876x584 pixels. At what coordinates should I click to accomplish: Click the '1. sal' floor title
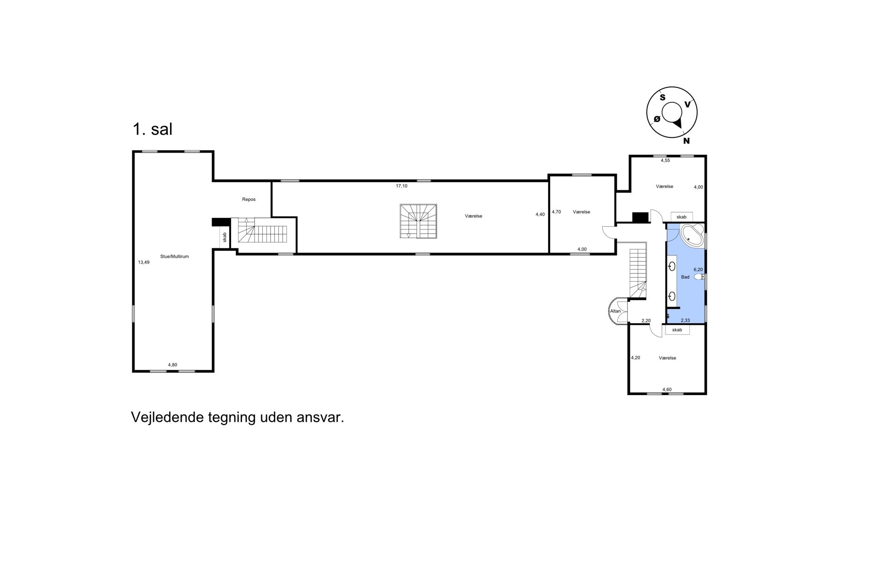click(x=153, y=130)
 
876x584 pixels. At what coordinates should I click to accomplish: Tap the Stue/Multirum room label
click(x=175, y=257)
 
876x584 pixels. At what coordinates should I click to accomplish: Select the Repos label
click(x=249, y=200)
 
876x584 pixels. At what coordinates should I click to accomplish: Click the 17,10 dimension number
click(x=402, y=186)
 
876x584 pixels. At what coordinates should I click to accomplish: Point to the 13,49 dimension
click(x=144, y=262)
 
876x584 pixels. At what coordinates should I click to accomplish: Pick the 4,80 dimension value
click(x=172, y=365)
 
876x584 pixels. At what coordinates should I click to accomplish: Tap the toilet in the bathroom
click(x=699, y=277)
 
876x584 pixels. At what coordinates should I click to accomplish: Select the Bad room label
click(x=685, y=277)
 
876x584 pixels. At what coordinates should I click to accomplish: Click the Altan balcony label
click(x=616, y=311)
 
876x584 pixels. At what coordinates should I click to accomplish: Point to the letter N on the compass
click(x=687, y=141)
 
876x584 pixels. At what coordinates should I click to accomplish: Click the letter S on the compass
click(x=663, y=97)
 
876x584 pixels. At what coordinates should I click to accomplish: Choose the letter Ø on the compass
click(x=657, y=119)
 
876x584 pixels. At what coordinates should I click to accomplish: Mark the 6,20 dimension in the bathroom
click(x=698, y=270)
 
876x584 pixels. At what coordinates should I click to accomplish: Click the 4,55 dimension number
click(x=665, y=161)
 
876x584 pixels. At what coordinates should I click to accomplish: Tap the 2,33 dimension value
click(x=686, y=321)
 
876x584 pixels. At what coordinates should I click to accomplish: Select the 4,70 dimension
click(x=556, y=212)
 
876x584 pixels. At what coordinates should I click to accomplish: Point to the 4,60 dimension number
click(x=667, y=389)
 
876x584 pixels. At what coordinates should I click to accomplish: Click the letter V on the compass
click(x=687, y=105)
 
